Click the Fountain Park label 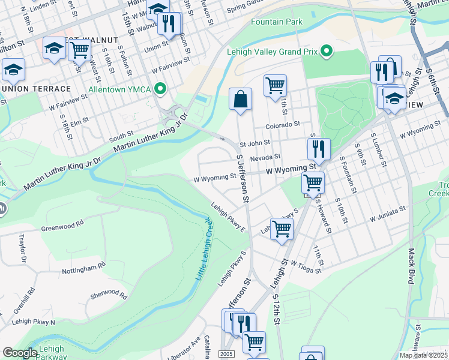pos(277,22)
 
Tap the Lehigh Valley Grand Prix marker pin pos(327,52)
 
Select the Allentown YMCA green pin pos(160,89)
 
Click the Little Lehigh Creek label pos(203,250)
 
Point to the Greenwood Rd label pos(62,228)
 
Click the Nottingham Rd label pos(84,268)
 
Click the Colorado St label pos(283,124)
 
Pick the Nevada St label pos(266,157)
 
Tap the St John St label pos(255,143)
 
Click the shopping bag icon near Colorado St pos(240,100)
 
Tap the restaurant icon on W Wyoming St pos(319,149)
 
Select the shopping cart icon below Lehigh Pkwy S pos(281,229)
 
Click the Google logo pos(20,353)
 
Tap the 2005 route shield pos(226,355)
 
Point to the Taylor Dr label pos(24,249)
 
